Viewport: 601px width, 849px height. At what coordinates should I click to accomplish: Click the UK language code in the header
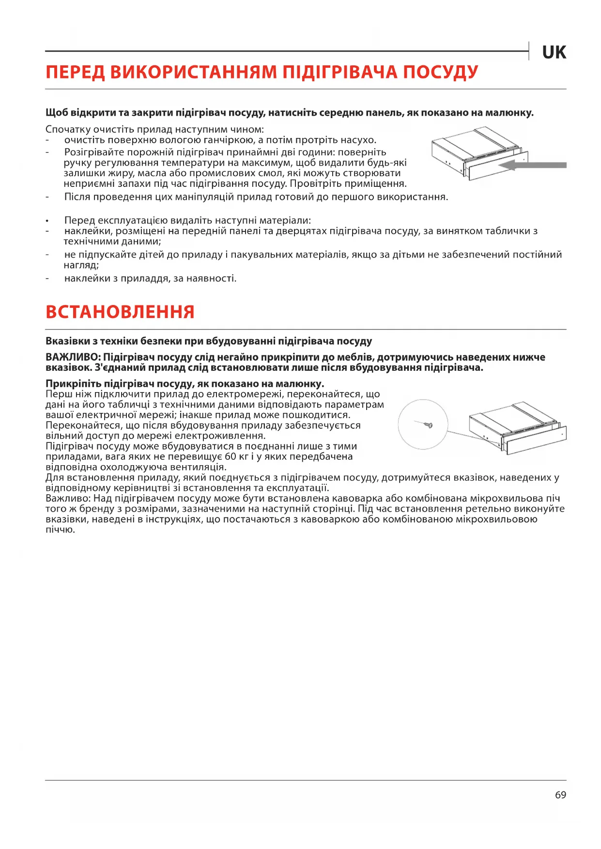(x=554, y=52)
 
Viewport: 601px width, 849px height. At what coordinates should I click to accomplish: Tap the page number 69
(x=560, y=795)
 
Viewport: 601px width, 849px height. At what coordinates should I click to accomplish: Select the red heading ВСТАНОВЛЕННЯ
(x=120, y=312)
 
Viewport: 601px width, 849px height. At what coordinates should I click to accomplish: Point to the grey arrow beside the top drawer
(x=532, y=165)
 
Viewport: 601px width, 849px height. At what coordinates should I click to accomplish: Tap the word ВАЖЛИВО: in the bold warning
(x=73, y=357)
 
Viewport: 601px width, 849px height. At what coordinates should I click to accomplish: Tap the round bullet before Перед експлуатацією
(x=47, y=221)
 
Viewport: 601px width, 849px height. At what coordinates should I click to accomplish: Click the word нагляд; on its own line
(x=81, y=265)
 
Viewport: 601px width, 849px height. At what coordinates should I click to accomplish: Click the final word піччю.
(x=61, y=530)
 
